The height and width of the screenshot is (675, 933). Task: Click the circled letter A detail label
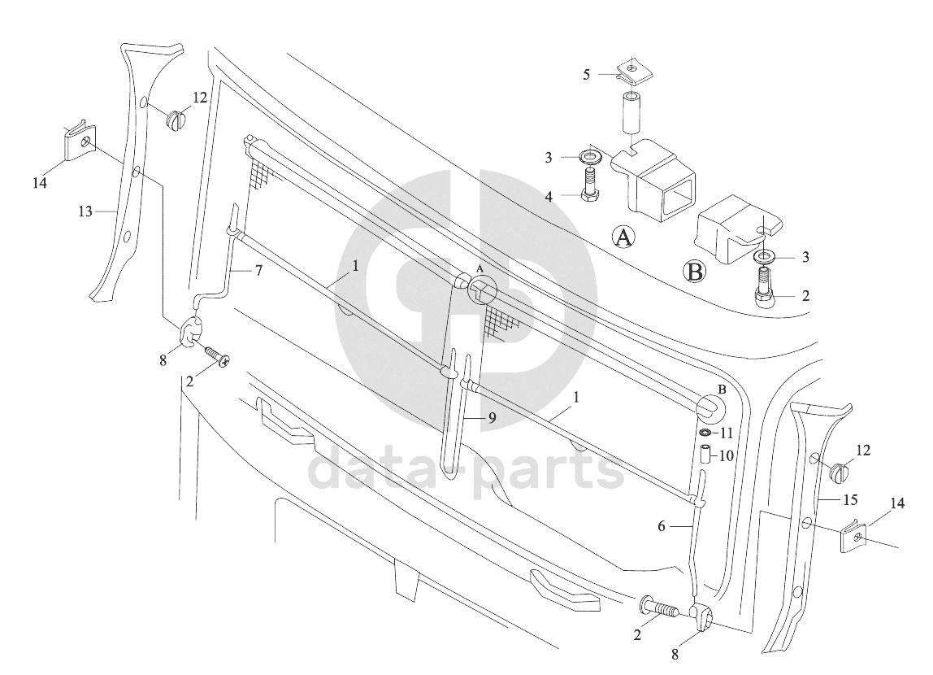click(623, 237)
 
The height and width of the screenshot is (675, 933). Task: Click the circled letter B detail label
click(694, 272)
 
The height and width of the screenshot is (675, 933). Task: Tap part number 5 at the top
click(587, 75)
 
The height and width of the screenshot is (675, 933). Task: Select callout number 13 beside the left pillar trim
click(85, 211)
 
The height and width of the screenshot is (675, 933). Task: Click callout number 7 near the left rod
click(258, 271)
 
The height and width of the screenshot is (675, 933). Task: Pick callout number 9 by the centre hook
click(492, 418)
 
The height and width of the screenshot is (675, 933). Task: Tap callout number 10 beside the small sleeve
click(727, 456)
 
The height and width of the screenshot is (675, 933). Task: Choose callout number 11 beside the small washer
click(727, 434)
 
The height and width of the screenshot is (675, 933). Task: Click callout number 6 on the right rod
click(662, 526)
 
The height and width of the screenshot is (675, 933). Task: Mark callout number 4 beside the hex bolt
click(549, 197)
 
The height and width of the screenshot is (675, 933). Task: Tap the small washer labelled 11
click(705, 433)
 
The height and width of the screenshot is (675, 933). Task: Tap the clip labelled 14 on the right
click(857, 538)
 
